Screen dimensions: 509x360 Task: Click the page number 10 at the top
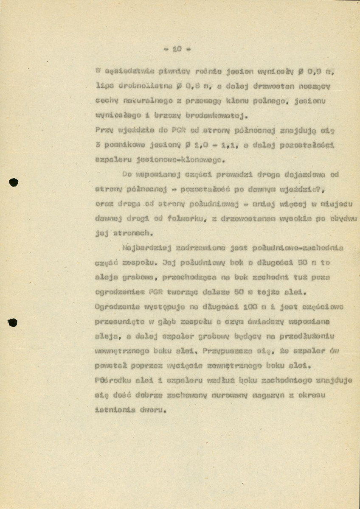(x=176, y=49)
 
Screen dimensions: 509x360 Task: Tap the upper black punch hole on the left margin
(x=14, y=182)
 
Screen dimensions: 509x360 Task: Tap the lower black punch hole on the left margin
(x=13, y=323)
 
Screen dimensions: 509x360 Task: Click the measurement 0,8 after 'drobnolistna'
(x=187, y=87)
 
